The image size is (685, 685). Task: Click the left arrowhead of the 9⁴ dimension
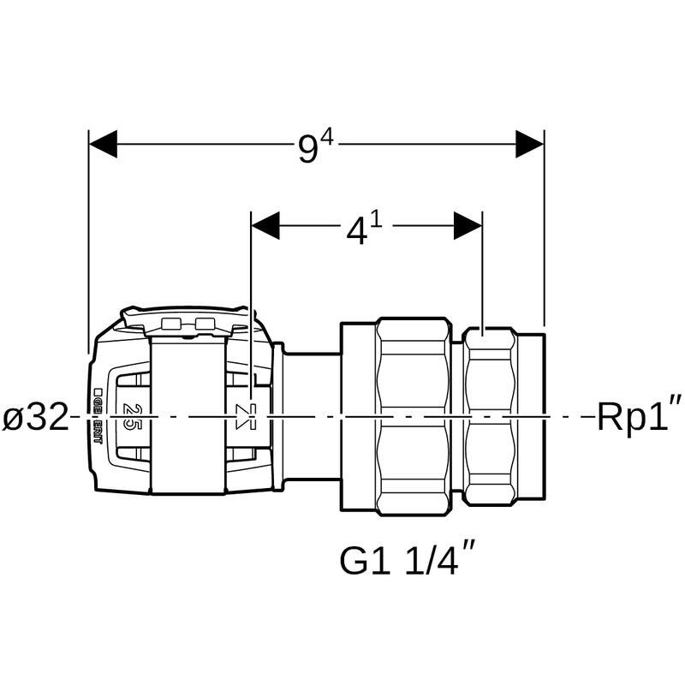[104, 144]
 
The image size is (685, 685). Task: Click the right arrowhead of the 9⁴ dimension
[530, 144]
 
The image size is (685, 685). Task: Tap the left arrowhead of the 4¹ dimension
[265, 226]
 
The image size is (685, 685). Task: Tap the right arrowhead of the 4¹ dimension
[468, 226]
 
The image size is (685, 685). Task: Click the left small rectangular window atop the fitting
[171, 324]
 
